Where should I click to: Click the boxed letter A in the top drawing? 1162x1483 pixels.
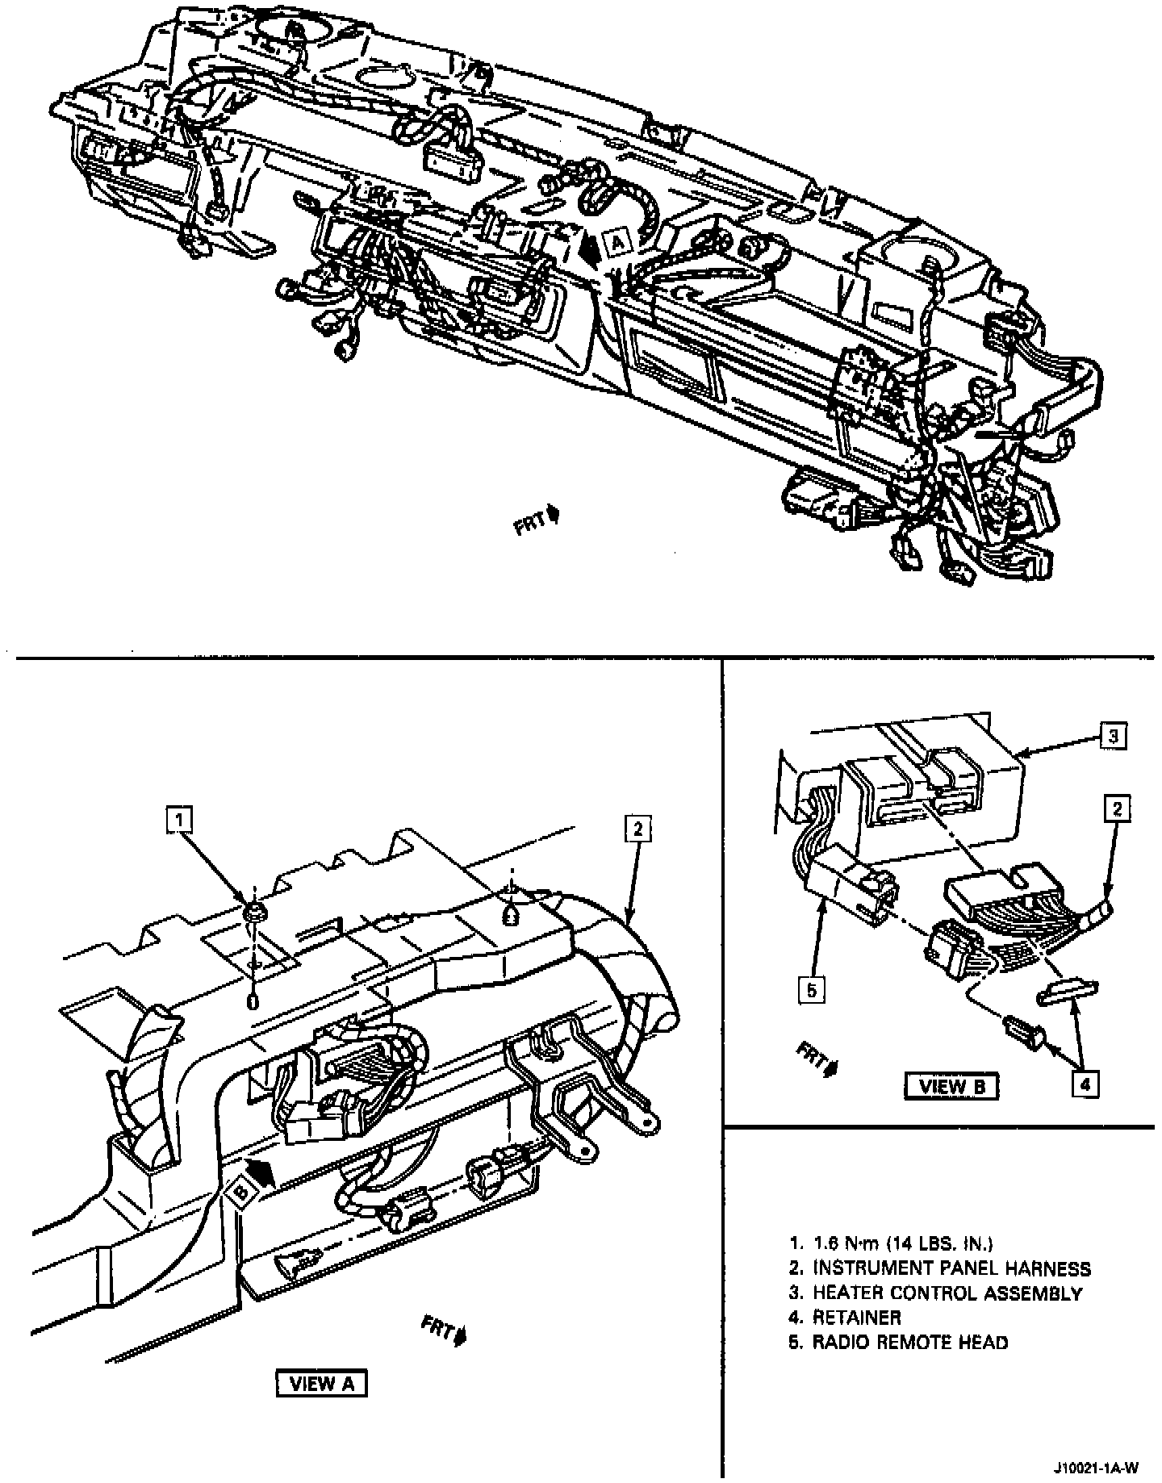pos(617,242)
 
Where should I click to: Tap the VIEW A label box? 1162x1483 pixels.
pos(321,1383)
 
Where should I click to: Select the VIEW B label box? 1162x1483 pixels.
pos(951,1085)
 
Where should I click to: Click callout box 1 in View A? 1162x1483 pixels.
pos(179,820)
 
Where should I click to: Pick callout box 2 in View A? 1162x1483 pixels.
pos(637,828)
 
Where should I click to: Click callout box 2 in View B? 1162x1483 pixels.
pos(1118,808)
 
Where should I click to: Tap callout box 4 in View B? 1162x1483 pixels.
pos(1085,1085)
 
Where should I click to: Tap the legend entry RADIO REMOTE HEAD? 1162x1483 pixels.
pos(909,1343)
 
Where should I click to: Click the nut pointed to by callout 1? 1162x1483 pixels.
pos(254,913)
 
